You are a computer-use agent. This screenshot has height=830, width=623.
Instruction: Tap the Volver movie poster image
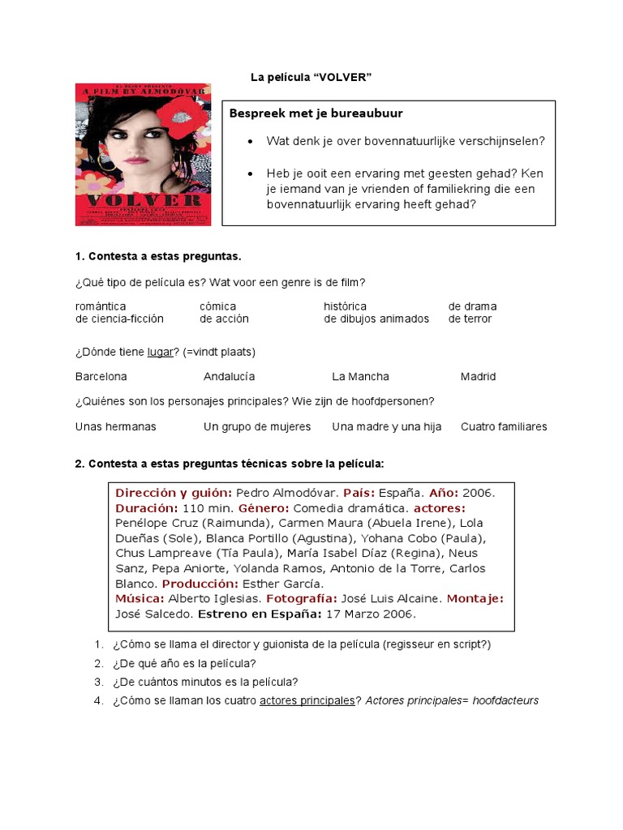[x=143, y=154]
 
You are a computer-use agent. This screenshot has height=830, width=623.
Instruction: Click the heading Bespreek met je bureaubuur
[x=316, y=113]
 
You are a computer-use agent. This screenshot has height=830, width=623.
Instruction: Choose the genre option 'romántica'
[x=101, y=306]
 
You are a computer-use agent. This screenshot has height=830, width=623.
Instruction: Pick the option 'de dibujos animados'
[x=376, y=319]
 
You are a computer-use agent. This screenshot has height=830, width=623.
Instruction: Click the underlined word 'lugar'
[x=161, y=352]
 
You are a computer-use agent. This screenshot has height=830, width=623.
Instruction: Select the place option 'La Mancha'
[x=360, y=376]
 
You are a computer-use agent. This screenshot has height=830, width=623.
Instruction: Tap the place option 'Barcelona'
[x=101, y=376]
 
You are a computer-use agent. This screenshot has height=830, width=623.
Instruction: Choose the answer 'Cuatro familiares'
[x=504, y=426]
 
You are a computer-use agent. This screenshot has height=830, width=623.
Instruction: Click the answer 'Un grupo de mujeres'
[x=257, y=426]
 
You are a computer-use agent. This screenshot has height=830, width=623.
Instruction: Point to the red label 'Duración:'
[x=147, y=507]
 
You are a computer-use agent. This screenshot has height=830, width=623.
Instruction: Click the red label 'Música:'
[x=140, y=598]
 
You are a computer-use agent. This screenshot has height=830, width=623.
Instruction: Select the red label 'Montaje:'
[x=475, y=598]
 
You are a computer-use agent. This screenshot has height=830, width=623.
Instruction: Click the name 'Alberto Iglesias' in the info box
[x=215, y=598]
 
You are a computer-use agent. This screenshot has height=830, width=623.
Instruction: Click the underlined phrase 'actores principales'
[x=307, y=700]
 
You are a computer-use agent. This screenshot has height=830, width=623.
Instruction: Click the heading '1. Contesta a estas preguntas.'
[x=158, y=257]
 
